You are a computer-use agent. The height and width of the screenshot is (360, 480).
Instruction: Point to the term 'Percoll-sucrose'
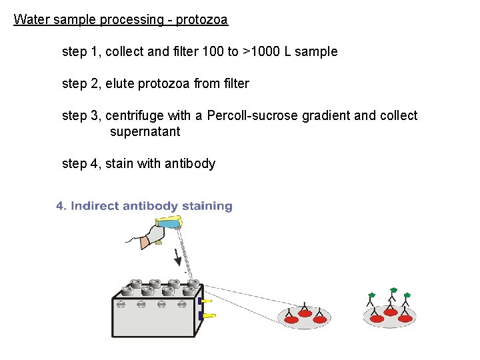coord(253,115)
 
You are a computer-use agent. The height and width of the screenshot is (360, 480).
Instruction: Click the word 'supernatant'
coord(145,131)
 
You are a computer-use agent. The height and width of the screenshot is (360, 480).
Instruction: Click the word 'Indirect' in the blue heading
coord(99,206)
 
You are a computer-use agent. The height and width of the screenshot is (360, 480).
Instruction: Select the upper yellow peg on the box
coord(207,301)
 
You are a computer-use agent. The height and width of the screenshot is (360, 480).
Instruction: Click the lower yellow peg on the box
coord(208,315)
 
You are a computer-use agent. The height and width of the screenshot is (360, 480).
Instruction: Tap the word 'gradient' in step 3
coord(326,115)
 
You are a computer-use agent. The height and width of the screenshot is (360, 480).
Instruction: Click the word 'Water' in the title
coord(31,20)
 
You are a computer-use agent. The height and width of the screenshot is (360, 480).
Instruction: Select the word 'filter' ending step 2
coord(236,83)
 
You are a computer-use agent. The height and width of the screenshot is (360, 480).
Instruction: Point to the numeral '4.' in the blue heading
coord(61,206)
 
